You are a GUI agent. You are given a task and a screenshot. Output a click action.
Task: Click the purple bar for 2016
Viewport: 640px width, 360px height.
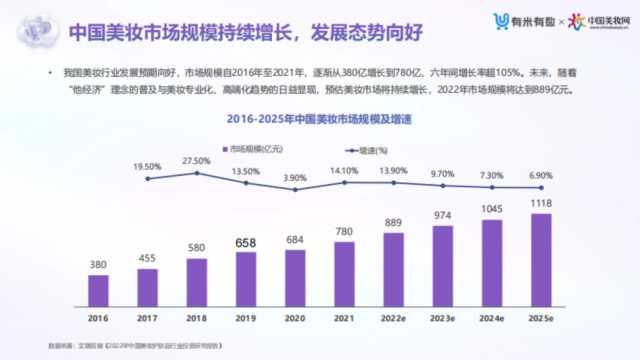coord(98,291)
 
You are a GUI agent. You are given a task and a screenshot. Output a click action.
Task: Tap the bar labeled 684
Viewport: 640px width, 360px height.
coord(295,278)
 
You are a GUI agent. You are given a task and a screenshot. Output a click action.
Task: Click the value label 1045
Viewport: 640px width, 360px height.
coord(492,209)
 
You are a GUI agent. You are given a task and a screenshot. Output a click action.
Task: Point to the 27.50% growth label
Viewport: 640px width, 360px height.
coord(197,161)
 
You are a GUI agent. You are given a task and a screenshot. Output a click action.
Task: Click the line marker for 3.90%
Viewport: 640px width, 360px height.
coord(295,189)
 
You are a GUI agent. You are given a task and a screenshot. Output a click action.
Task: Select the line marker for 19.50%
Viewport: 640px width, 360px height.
coord(148,179)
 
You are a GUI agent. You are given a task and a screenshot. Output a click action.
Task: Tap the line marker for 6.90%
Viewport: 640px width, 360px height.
coord(541,187)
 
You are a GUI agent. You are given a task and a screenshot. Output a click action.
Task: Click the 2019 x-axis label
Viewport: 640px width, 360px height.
coord(246,318)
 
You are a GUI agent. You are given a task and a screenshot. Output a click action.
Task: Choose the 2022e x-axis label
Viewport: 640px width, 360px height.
coord(393,318)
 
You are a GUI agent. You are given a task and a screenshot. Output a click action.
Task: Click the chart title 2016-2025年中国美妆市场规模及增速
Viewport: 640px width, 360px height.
coord(319,119)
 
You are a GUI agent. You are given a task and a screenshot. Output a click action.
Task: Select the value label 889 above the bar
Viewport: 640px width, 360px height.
coord(393,222)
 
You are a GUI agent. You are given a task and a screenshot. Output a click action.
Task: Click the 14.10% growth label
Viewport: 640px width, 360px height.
coord(344,171)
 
